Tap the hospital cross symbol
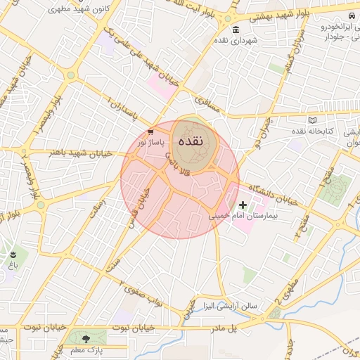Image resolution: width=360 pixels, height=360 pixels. coord(243,205)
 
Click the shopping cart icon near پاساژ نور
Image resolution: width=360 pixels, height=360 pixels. coord(150,132)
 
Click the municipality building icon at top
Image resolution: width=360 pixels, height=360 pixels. coord(234,30)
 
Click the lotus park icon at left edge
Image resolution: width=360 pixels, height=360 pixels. coord(13,254)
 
